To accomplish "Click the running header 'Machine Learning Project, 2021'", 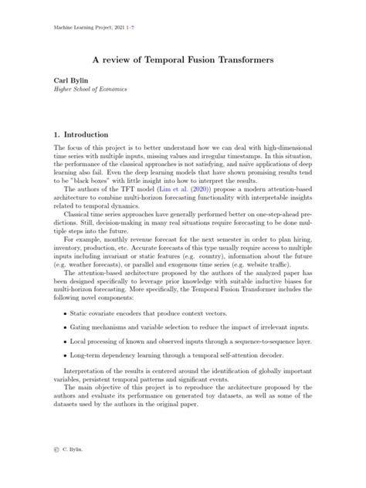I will [x=88, y=26].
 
